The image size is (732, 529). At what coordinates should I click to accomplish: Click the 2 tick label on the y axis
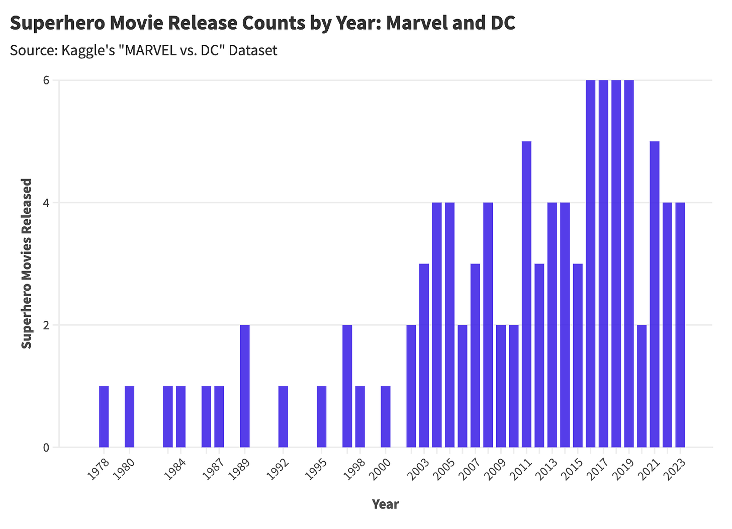coord(46,325)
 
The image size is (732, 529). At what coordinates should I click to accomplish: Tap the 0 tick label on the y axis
coord(46,447)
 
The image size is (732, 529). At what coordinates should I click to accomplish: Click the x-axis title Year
coord(386,504)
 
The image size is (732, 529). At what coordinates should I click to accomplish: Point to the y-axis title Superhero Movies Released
coord(27,263)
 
